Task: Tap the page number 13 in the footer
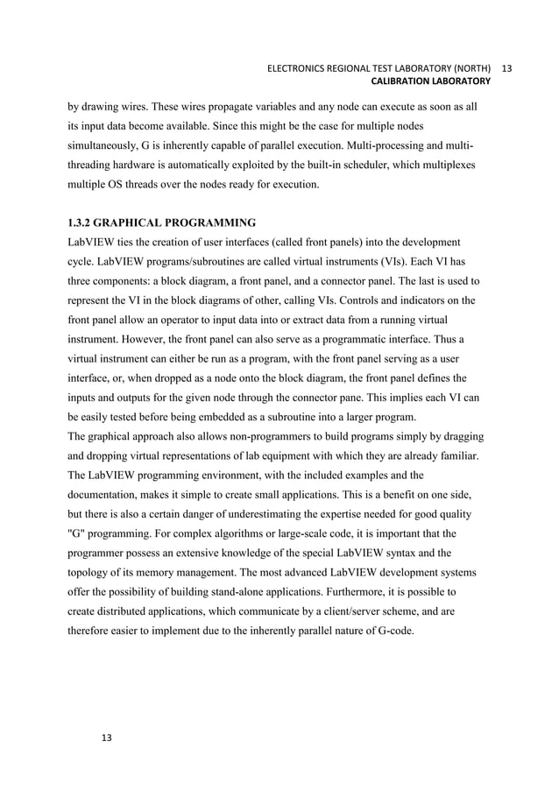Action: click(x=107, y=738)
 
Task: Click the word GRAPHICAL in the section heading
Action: click(x=140, y=222)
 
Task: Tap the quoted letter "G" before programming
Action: click(x=77, y=533)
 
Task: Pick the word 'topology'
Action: click(x=92, y=571)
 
